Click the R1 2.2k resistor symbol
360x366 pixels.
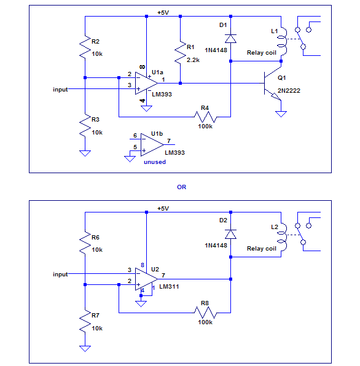(x=180, y=53)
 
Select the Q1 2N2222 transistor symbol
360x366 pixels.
(x=273, y=84)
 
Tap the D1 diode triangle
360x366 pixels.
(x=230, y=39)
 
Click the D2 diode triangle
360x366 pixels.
(x=230, y=234)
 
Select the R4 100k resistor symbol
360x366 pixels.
(x=205, y=117)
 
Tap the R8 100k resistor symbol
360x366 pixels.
(x=205, y=313)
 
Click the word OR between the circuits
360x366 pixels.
(x=181, y=187)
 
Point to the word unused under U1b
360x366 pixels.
(x=155, y=162)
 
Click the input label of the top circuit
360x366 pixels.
(x=60, y=90)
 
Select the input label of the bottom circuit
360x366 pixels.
(x=60, y=274)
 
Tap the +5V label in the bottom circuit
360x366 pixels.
(x=163, y=208)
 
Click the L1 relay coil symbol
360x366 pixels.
(x=283, y=42)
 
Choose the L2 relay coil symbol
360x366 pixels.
(x=283, y=237)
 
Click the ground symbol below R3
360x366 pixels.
(x=85, y=154)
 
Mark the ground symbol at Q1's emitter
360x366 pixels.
(x=281, y=114)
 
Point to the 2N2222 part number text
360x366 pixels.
(x=289, y=90)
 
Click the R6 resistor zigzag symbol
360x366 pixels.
(x=85, y=243)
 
